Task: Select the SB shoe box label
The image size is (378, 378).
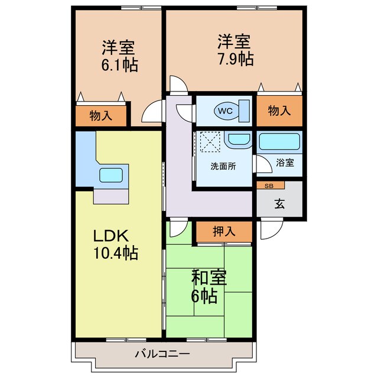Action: coord(269,185)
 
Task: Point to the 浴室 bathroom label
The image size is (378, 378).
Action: coord(286,162)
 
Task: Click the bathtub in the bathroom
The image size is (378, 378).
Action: coord(280,142)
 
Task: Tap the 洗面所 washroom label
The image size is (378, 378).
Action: coord(223,166)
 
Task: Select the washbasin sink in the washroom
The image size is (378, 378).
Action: coord(239,141)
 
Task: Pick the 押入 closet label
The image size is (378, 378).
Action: coord(224,231)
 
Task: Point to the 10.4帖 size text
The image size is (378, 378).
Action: coord(115,254)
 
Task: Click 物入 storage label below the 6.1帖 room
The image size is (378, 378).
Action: coord(101,115)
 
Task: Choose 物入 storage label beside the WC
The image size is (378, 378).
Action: coord(279,110)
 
